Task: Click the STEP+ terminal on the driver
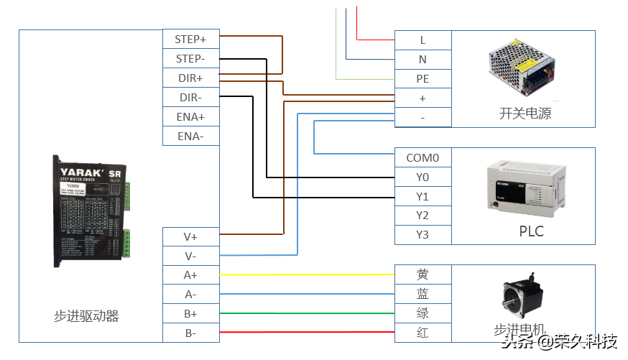click(190, 39)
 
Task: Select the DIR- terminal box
click(190, 97)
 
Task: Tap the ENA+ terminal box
click(190, 116)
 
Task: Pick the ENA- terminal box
click(190, 136)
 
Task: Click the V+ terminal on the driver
click(190, 236)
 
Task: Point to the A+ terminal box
click(190, 274)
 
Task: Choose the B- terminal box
click(190, 333)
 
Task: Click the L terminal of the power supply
click(422, 40)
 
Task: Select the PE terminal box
click(422, 79)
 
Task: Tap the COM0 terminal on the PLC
click(422, 157)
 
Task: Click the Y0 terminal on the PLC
click(422, 177)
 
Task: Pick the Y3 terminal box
click(422, 235)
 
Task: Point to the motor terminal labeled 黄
click(422, 274)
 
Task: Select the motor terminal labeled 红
click(422, 333)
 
